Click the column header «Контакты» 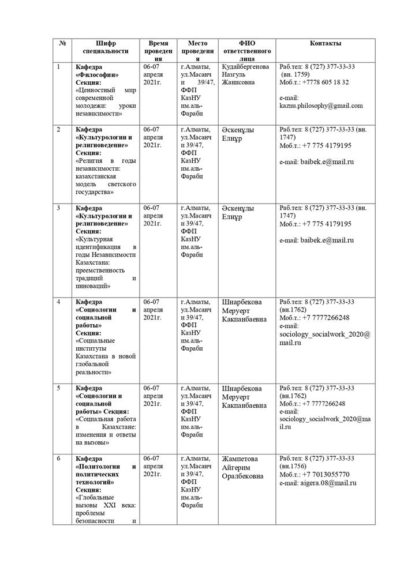325,43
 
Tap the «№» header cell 62,43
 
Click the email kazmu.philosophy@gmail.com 321,106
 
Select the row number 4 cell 58,302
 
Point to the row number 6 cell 58,459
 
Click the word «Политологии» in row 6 99,466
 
